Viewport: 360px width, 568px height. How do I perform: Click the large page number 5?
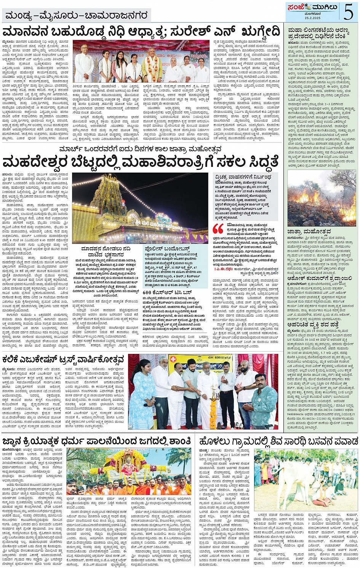348,12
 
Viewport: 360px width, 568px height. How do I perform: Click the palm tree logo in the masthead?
306,7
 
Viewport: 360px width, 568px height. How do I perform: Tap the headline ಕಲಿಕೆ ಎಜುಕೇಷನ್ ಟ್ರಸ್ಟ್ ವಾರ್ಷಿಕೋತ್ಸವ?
63,360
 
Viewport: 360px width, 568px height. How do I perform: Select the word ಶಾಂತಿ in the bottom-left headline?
177,441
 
